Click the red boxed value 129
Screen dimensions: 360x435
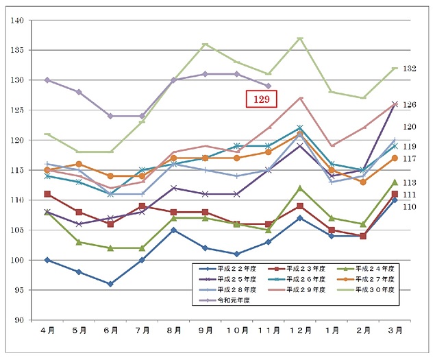click(261, 99)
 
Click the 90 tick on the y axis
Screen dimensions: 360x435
click(18, 320)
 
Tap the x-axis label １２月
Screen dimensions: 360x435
click(299, 331)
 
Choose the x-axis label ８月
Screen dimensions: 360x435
click(173, 331)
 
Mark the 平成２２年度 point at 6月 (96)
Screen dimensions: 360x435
click(110, 284)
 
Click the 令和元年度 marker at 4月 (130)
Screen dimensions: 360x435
click(47, 80)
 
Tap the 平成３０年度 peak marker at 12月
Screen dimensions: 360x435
click(300, 38)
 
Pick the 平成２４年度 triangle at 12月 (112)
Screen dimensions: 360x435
click(300, 188)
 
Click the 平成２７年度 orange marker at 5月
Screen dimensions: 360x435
click(79, 164)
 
